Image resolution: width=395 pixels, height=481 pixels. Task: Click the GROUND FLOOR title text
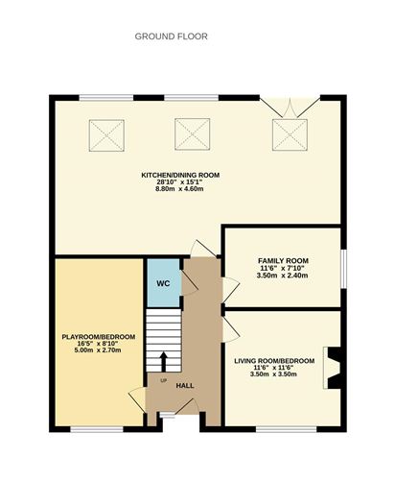click(x=171, y=36)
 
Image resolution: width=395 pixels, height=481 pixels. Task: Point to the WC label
click(x=163, y=284)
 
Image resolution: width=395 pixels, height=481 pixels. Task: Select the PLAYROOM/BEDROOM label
click(x=99, y=337)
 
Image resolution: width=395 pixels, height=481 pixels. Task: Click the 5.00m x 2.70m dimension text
click(x=99, y=352)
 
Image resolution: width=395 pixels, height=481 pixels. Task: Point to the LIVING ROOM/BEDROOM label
click(x=274, y=360)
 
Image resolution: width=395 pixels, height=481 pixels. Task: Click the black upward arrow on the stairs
click(x=162, y=361)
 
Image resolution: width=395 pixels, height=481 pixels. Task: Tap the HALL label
click(x=185, y=386)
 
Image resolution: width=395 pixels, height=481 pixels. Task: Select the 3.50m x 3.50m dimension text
click(x=274, y=375)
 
